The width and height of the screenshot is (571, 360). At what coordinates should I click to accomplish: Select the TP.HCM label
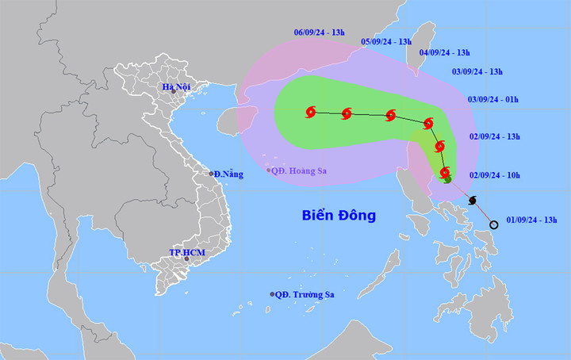pos(186,251)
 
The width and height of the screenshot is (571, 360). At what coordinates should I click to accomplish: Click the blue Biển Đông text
pos(339,215)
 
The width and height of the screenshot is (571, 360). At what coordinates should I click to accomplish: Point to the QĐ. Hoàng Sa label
pos(300,170)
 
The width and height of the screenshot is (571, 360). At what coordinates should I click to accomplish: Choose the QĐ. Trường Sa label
pos(305,294)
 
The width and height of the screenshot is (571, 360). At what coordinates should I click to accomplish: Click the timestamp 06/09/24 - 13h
pos(320,33)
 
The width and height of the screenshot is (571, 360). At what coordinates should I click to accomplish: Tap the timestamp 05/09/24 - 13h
pos(387,41)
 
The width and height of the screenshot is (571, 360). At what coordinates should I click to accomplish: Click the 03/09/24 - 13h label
pos(477,72)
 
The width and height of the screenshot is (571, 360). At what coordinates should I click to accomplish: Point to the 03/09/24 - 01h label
pos(492,99)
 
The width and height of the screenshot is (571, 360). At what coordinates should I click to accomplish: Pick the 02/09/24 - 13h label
pos(495,136)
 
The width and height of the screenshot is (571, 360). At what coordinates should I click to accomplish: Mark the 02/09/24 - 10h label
pos(495,174)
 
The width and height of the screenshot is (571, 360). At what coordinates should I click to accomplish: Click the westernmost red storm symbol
pos(310,113)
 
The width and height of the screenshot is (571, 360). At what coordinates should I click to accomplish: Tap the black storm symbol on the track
pos(473,200)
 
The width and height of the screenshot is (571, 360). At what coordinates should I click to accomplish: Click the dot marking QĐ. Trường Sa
pos(273,294)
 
